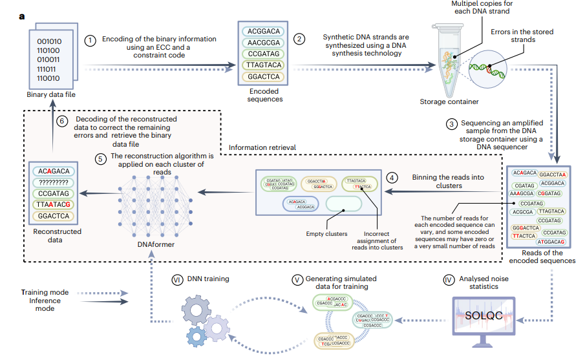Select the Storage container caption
pyautogui.click(x=451, y=101)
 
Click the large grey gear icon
pyautogui.click(x=198, y=311)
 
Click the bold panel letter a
pyautogui.click(x=22, y=15)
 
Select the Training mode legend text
pyautogui.click(x=45, y=293)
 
